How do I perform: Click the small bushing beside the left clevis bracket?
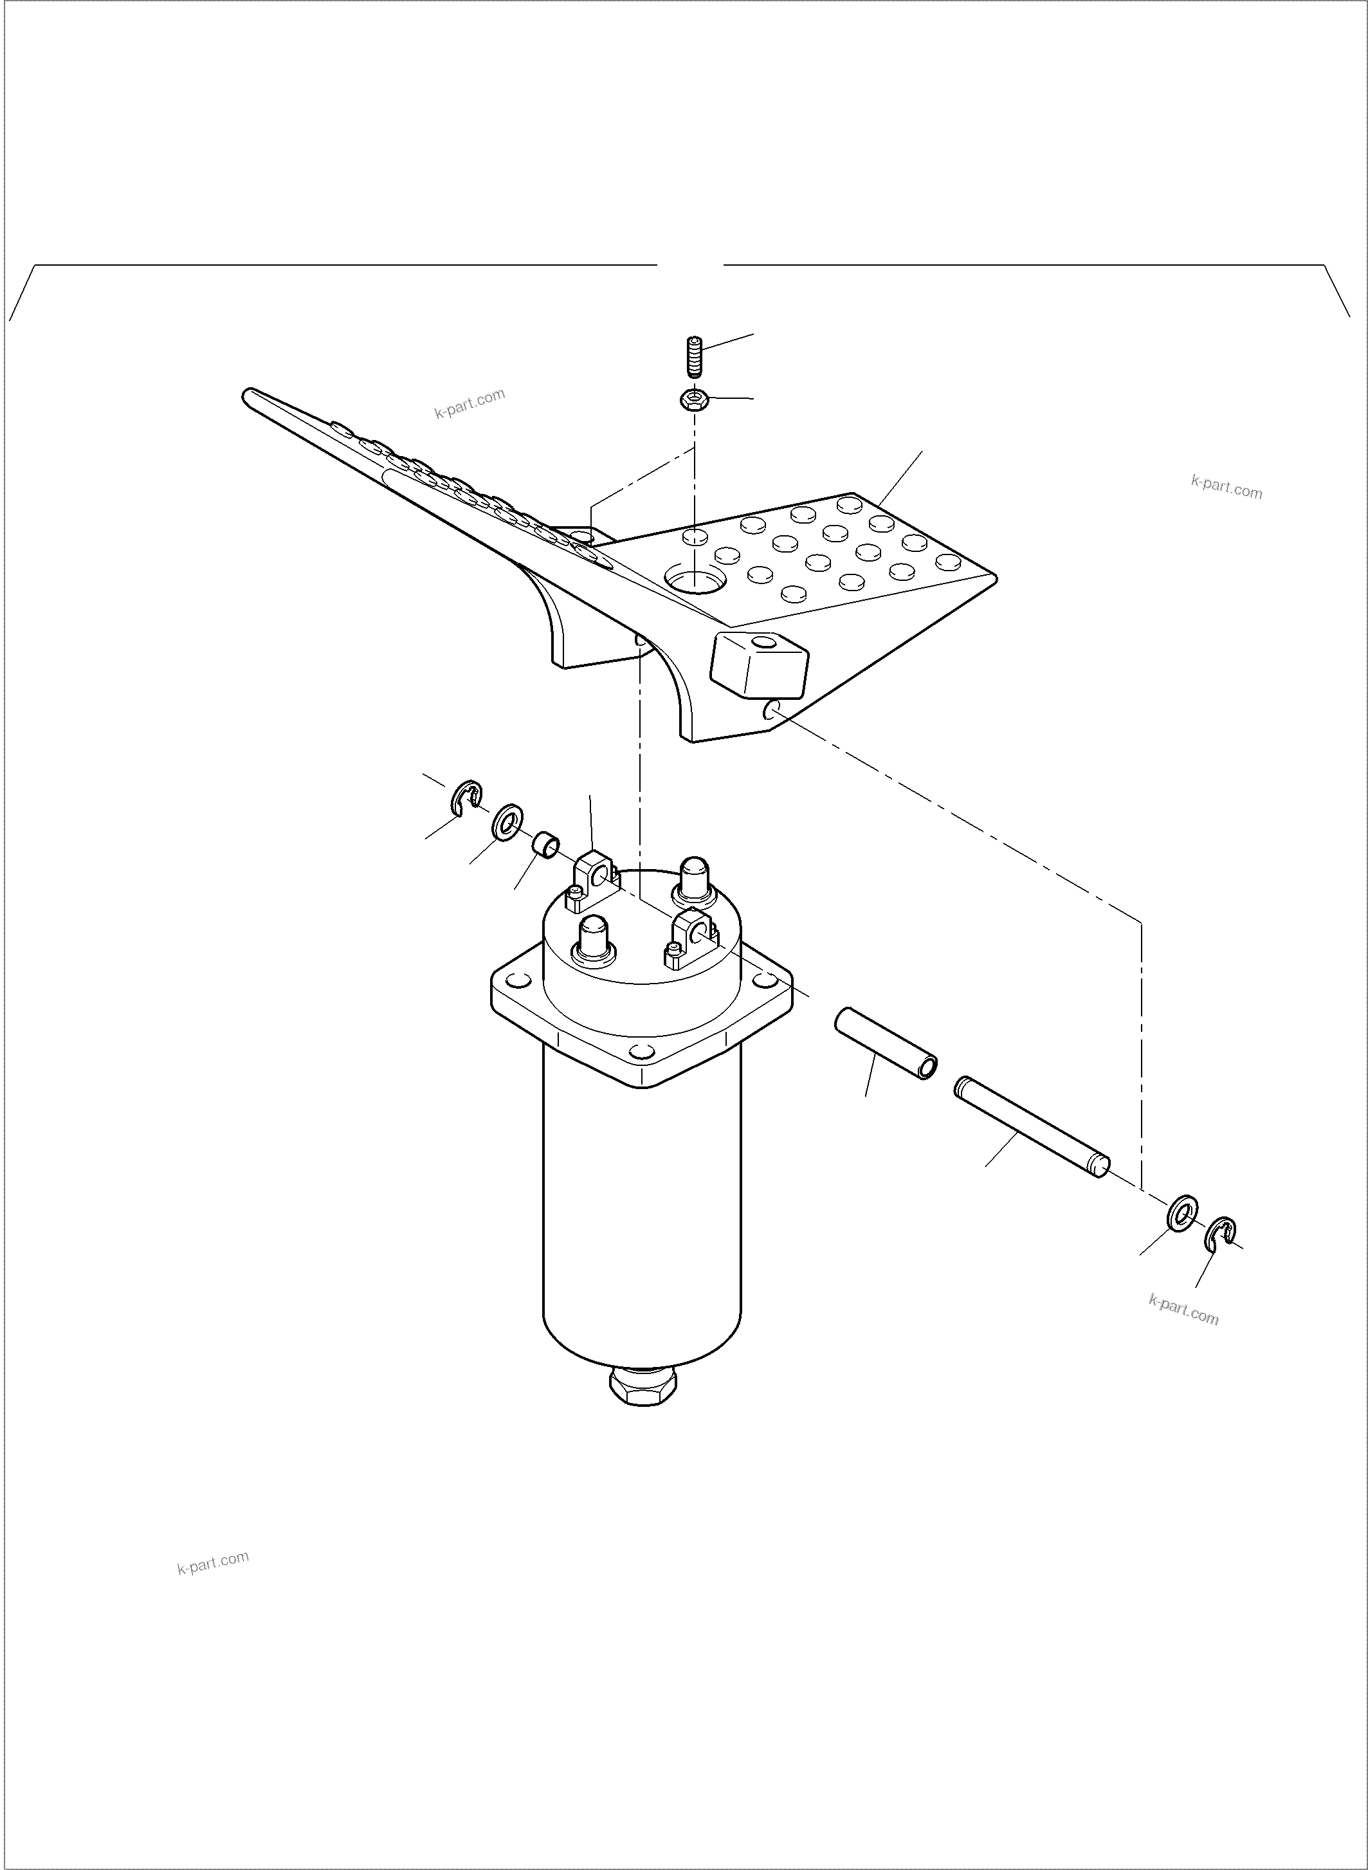coord(545,847)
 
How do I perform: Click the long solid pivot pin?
coord(1030,1126)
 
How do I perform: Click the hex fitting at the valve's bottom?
coord(643,1386)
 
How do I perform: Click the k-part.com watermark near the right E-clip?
coord(1183,1308)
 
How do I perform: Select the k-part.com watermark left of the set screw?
coord(470,403)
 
